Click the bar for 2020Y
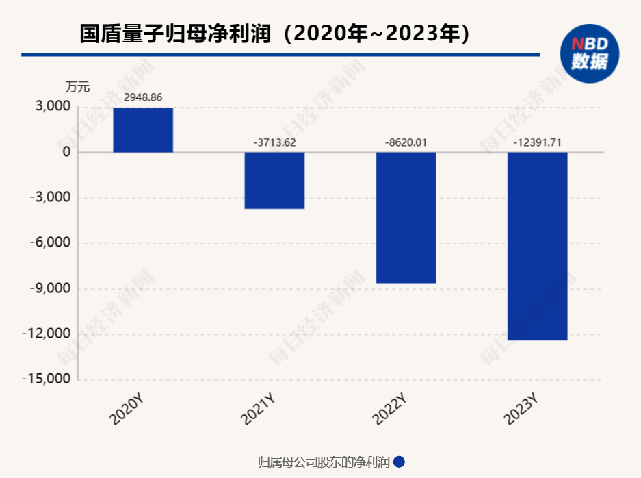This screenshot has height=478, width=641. [143, 130]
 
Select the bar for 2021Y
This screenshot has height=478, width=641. [274, 180]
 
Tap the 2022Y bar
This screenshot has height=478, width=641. [406, 217]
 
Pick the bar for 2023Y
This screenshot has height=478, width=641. [537, 246]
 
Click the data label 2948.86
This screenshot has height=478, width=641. [143, 97]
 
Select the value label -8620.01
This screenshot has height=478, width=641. [406, 142]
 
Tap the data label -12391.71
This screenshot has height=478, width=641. [537, 142]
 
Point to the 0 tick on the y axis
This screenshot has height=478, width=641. [66, 152]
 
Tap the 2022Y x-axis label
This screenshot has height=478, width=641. [391, 409]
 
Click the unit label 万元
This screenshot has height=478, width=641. [77, 87]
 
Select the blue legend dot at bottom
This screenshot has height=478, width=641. [400, 462]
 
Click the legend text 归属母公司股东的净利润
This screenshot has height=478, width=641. [324, 462]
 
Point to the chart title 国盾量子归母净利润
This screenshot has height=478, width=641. [178, 34]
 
